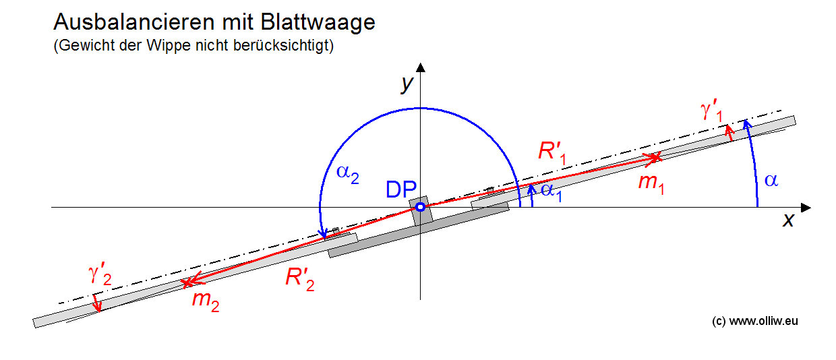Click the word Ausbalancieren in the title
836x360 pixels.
click(x=134, y=22)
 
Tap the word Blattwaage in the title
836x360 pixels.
click(x=318, y=23)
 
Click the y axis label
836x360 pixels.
click(x=407, y=84)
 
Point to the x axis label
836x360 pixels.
click(x=788, y=220)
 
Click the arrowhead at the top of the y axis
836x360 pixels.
click(x=421, y=67)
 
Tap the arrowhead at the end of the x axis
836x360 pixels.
click(x=806, y=208)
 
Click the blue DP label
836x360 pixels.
click(x=401, y=189)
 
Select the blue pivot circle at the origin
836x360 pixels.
click(x=420, y=207)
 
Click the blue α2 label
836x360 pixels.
click(x=347, y=174)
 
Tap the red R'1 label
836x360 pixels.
click(x=552, y=152)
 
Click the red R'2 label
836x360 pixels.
click(x=300, y=278)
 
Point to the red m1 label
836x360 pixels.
click(x=651, y=183)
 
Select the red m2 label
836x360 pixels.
click(x=206, y=301)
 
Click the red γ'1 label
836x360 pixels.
click(x=712, y=111)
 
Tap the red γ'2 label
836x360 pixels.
click(x=100, y=275)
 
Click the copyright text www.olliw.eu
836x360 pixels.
click(x=763, y=321)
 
